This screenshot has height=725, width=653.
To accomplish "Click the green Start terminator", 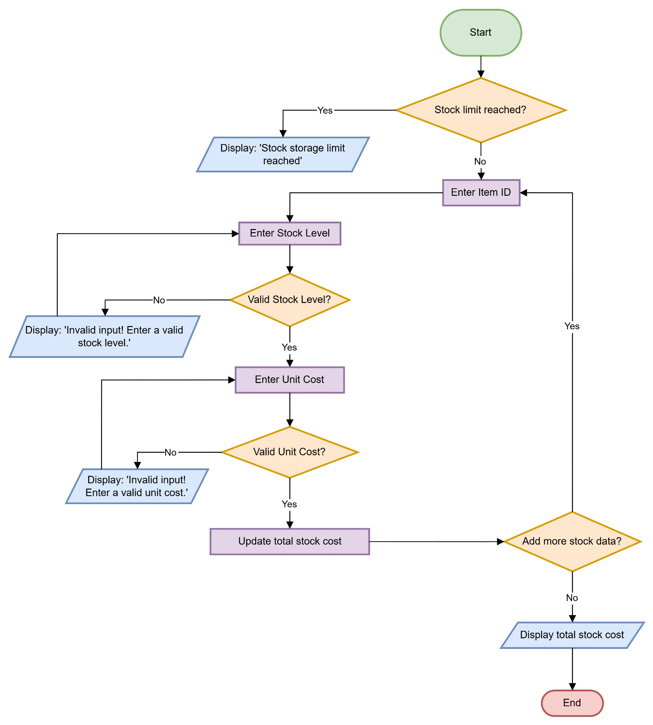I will [x=481, y=33].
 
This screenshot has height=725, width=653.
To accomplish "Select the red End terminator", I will [x=572, y=703].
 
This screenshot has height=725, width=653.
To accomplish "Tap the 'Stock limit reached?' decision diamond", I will [x=481, y=110].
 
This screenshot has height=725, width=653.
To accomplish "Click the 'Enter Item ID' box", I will [x=481, y=193].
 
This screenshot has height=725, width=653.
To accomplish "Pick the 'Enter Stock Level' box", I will [x=290, y=234].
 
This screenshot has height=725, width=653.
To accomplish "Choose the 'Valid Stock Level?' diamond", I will [x=290, y=299].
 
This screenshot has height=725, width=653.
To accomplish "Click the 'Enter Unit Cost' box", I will [x=290, y=379].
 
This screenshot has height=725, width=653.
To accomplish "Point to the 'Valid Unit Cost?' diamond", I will [x=290, y=452].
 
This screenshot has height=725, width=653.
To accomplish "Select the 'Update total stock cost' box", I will [x=290, y=541].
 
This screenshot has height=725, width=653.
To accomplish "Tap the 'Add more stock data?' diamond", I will [x=572, y=541].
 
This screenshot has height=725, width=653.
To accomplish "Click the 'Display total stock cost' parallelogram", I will [x=572, y=635].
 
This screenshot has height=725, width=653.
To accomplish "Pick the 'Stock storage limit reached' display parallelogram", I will [x=283, y=154].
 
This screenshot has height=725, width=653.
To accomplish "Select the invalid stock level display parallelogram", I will [x=104, y=337].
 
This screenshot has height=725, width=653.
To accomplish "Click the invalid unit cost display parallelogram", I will [x=137, y=486].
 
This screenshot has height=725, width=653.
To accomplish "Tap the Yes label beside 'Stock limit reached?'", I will [x=325, y=110].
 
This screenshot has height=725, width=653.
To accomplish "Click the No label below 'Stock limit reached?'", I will [x=480, y=161].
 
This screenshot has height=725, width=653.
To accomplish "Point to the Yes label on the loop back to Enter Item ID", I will [x=572, y=326].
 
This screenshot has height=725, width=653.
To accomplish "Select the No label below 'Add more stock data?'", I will [x=572, y=598].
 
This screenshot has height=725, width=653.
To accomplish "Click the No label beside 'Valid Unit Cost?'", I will [x=170, y=452].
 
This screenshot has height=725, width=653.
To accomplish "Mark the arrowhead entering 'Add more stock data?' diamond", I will [x=500, y=542].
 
